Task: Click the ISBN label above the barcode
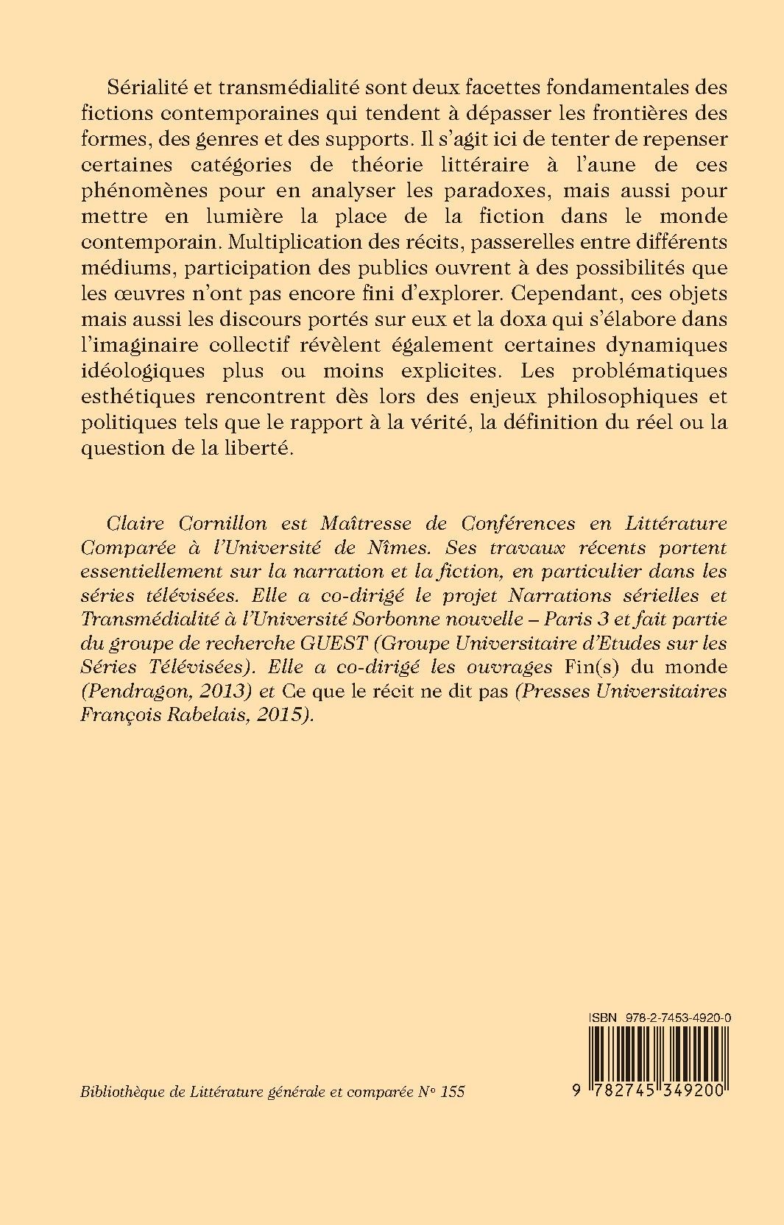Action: (x=601, y=1016)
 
